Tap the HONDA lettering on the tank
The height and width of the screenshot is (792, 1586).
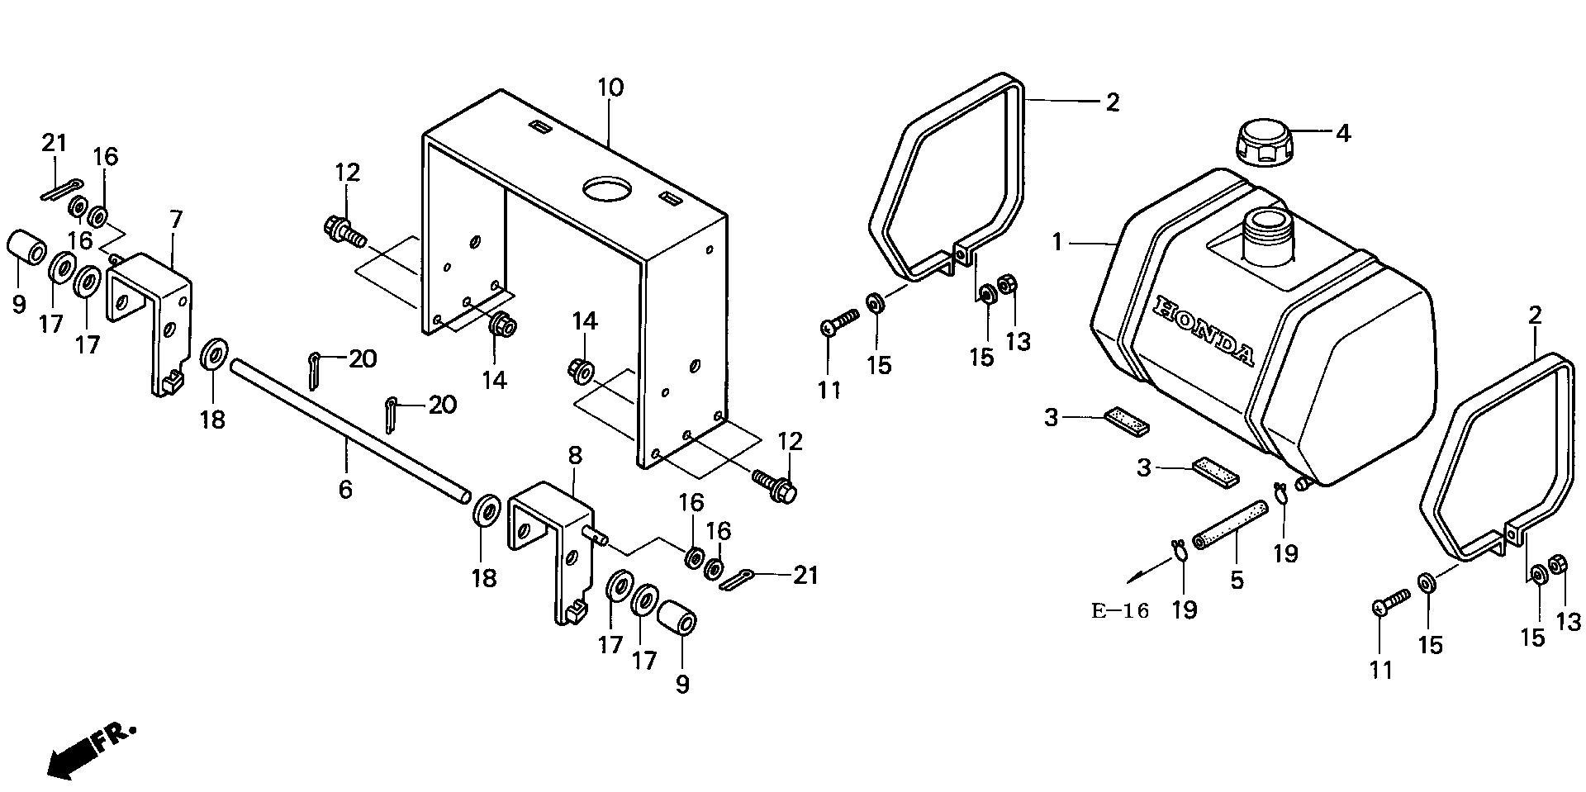click(1203, 330)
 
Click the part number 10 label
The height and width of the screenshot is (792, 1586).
click(610, 88)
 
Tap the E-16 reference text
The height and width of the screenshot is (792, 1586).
click(1119, 612)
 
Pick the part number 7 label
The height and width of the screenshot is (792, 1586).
click(175, 220)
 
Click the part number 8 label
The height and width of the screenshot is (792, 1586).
click(575, 455)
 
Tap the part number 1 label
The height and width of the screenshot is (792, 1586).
click(1057, 243)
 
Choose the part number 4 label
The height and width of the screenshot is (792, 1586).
click(1343, 133)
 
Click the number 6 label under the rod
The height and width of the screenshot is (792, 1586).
click(345, 489)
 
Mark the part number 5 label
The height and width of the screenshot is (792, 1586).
click(1236, 580)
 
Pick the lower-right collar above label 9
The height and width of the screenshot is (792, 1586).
click(677, 619)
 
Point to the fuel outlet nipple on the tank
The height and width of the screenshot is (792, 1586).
click(1304, 483)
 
